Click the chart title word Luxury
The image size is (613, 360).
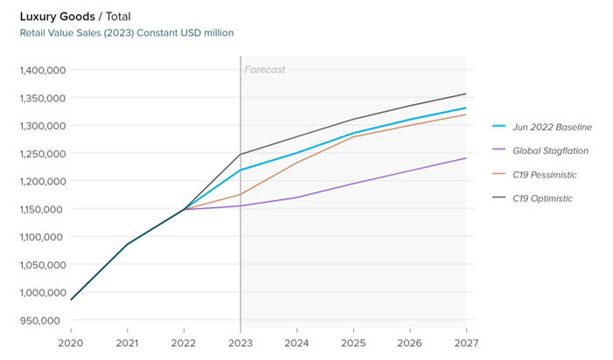tap(38, 17)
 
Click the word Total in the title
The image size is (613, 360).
tap(118, 17)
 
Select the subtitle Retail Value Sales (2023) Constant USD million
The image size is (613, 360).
tap(127, 33)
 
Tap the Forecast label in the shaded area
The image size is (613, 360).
tap(265, 70)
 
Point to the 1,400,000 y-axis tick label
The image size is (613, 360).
tap(43, 70)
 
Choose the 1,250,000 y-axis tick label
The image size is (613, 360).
tap(43, 154)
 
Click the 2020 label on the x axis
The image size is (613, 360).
tap(71, 343)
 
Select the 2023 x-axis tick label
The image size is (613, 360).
tap(240, 343)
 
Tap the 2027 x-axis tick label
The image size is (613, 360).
tap(466, 343)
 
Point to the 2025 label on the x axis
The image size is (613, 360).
tap(353, 343)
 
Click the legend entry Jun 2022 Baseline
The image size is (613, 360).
tap(542, 127)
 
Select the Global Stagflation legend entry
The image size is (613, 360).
tap(540, 150)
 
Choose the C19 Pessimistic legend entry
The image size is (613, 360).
tap(534, 175)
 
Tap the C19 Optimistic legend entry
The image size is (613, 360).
tap(533, 198)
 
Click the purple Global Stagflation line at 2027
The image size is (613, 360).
tap(465, 158)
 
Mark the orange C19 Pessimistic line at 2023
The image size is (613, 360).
tap(240, 195)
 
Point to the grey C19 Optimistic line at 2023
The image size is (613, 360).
tap(240, 155)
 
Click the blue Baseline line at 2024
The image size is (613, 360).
tap(297, 153)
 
